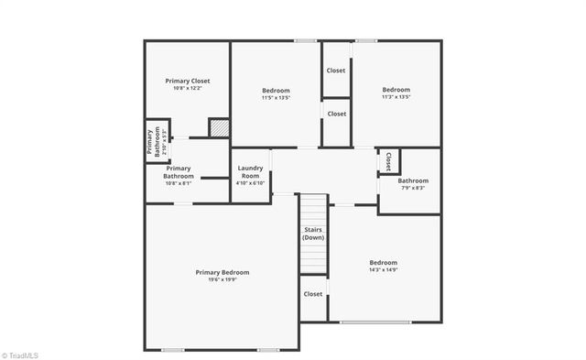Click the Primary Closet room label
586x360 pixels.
click(188, 81)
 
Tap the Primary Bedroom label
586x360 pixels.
click(222, 272)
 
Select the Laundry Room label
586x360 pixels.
click(250, 171)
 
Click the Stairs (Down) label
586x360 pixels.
click(313, 234)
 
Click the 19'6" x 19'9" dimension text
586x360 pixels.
click(222, 281)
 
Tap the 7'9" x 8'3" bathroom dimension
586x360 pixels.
click(413, 189)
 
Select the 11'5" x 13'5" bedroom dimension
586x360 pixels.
click(276, 98)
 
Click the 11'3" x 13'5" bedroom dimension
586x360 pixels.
click(396, 97)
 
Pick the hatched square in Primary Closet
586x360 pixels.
click(218, 128)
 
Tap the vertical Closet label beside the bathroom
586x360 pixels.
click(388, 161)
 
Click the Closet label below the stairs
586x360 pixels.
click(313, 294)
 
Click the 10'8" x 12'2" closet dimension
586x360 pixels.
click(188, 89)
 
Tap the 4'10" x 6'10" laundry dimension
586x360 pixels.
click(250, 182)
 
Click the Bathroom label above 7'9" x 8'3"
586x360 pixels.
click(413, 180)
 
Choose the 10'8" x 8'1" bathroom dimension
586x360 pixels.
click(179, 183)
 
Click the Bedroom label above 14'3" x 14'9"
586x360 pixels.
click(383, 262)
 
